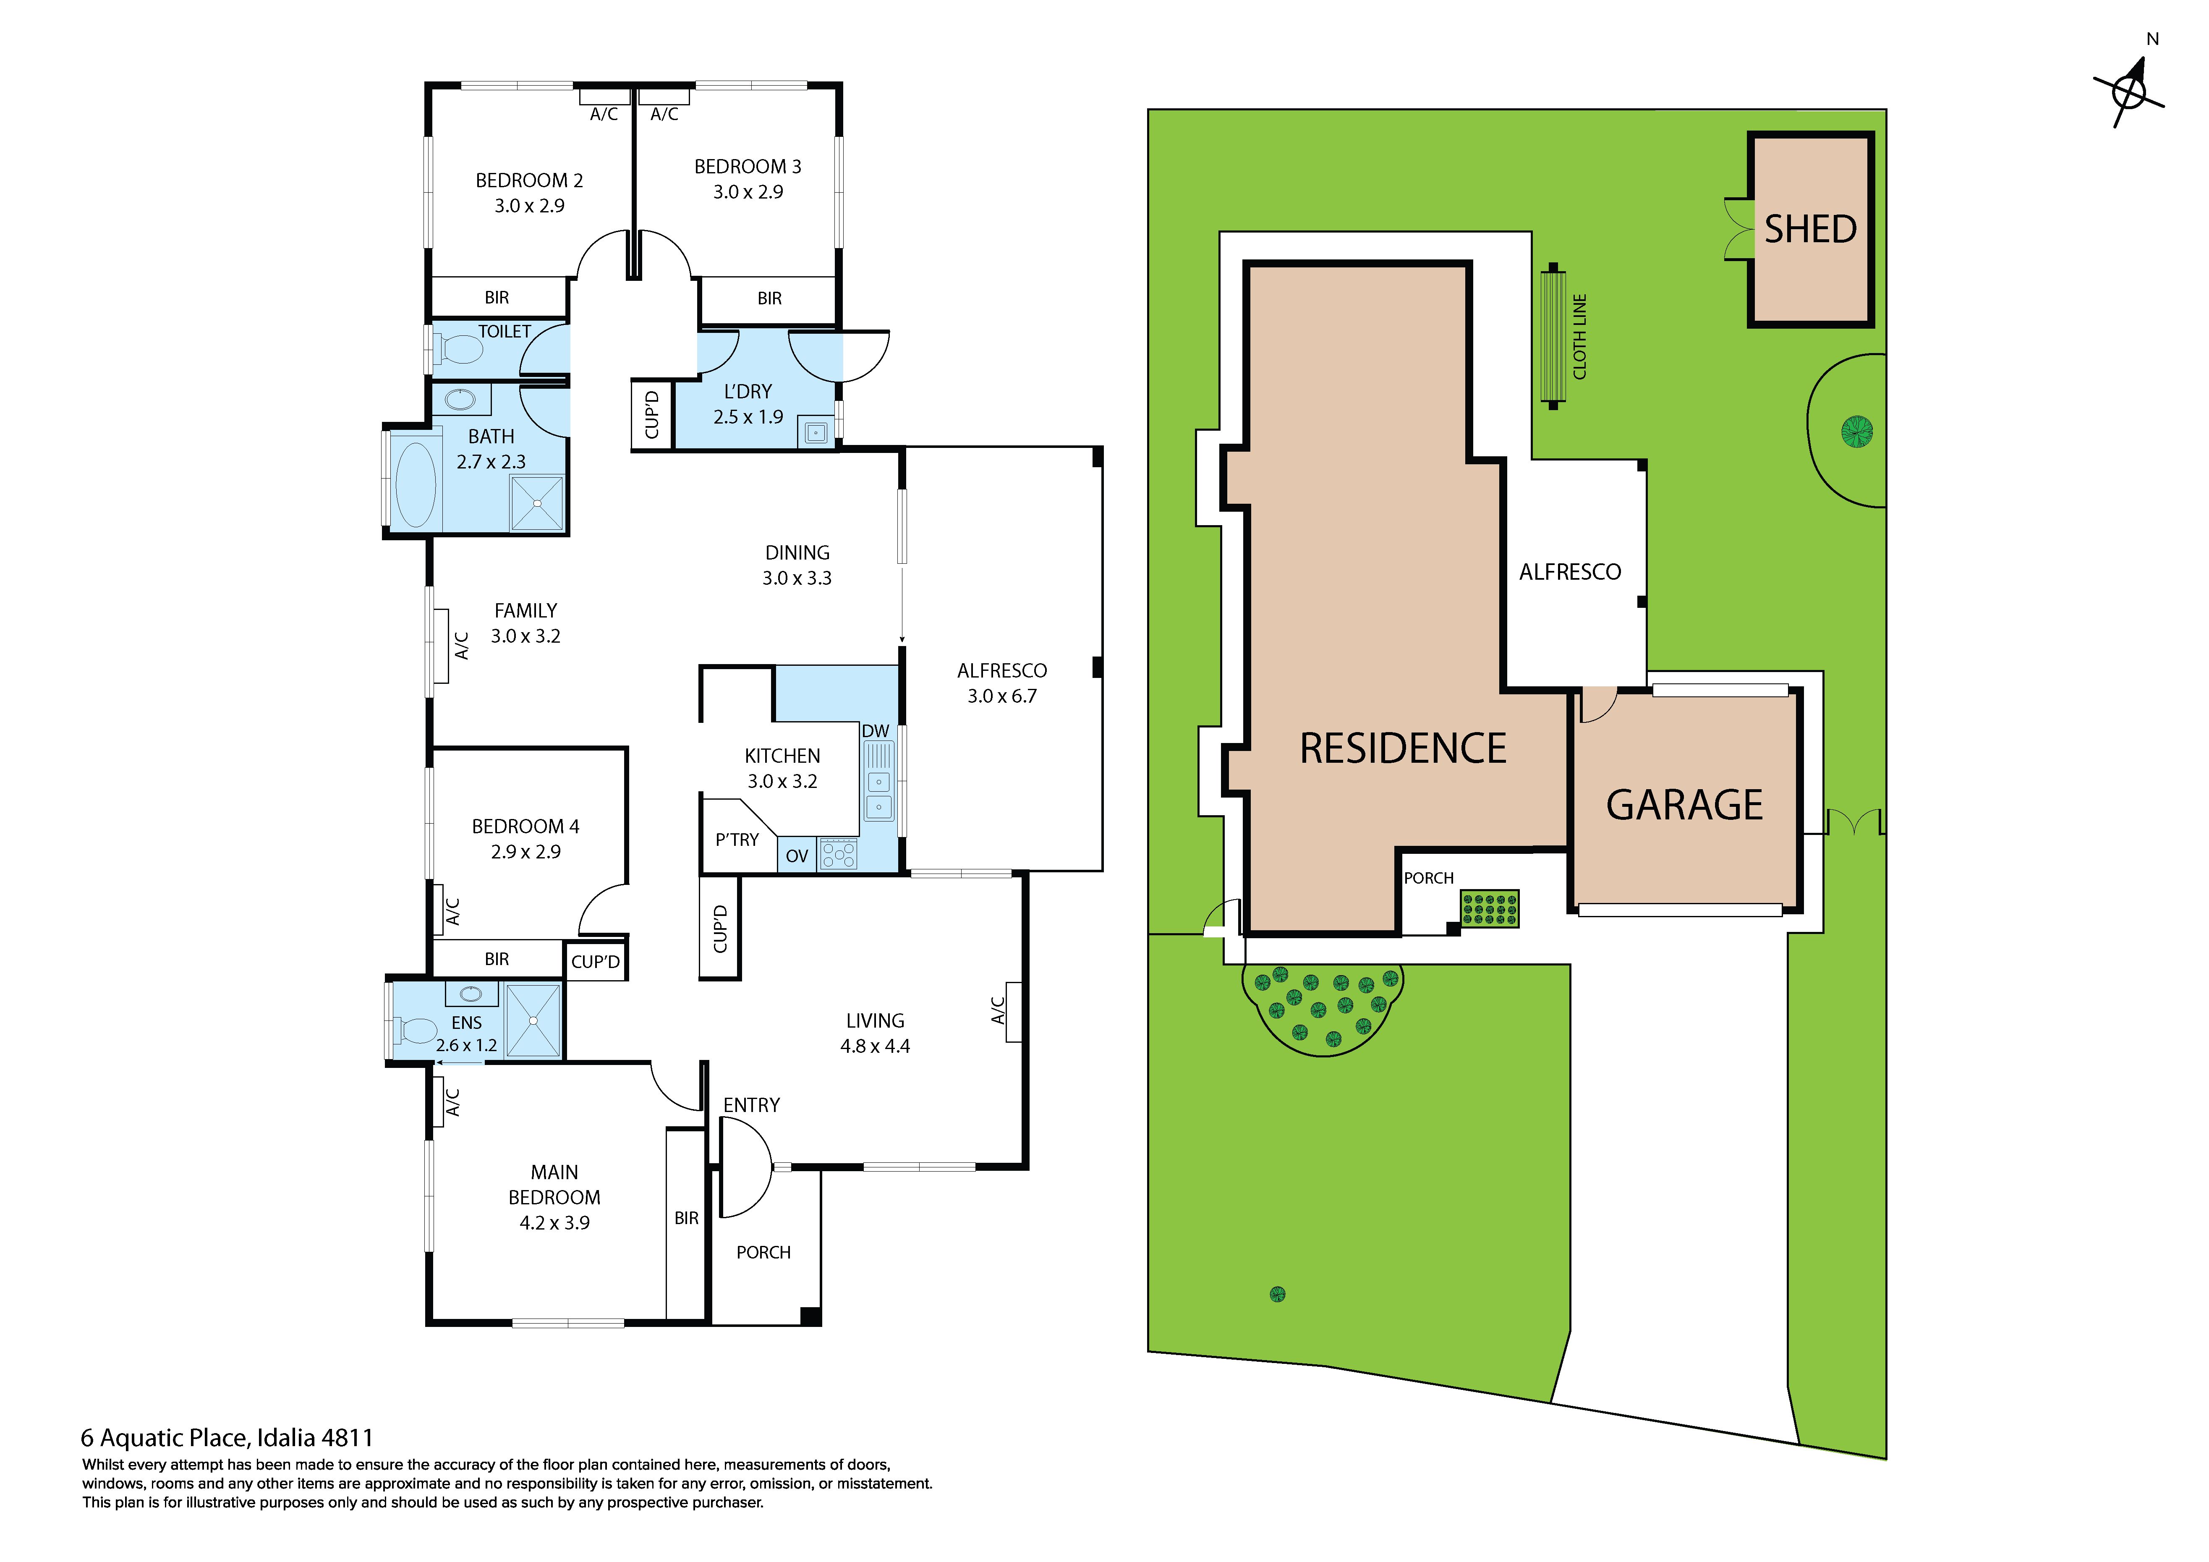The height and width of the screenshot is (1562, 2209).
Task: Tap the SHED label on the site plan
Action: point(1810,229)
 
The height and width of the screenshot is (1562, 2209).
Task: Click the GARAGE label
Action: point(1685,805)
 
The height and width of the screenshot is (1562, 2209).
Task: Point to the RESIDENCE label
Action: point(1403,749)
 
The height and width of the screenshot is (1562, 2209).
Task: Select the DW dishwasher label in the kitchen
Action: point(876,731)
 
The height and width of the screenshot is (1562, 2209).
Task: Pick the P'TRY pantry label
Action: point(737,839)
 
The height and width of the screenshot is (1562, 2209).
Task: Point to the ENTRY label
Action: point(751,1105)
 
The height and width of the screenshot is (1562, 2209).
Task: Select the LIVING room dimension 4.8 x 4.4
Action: point(875,1046)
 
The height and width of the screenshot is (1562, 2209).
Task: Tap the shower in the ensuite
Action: point(533,1020)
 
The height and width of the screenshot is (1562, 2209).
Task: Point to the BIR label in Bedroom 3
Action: point(770,298)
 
